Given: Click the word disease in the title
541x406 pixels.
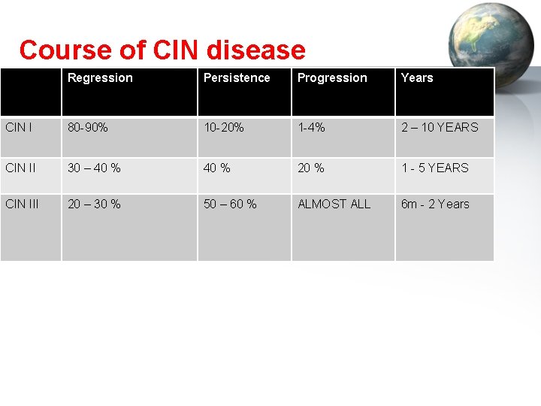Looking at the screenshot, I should tap(255, 50).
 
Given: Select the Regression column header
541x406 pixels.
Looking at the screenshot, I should tap(100, 78).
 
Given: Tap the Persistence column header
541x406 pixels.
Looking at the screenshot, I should tap(237, 78).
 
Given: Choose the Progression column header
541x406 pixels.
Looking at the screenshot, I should tap(332, 78).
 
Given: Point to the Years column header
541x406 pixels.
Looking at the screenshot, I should tap(417, 78).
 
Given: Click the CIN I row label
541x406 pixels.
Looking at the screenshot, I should tap(19, 128).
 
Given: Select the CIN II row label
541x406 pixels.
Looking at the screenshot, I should tap(20, 168).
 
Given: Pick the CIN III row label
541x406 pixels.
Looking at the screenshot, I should tap(22, 204).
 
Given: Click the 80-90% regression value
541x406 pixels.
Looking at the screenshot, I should tap(88, 128).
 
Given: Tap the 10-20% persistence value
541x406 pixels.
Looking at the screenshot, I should tap(224, 128).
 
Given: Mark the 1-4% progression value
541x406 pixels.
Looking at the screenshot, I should tap(311, 128).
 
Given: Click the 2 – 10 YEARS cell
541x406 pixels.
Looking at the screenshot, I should tap(440, 128).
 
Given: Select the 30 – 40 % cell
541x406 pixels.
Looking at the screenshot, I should tap(94, 168).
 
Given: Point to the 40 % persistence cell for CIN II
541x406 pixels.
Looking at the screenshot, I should tap(217, 168).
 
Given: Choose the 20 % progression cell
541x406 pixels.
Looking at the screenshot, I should tap(311, 168).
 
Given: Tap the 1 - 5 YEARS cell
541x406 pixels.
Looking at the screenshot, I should tap(434, 168).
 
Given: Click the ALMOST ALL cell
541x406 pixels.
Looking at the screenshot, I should tap(334, 204).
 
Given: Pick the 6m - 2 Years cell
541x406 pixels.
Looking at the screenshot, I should tap(435, 204).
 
